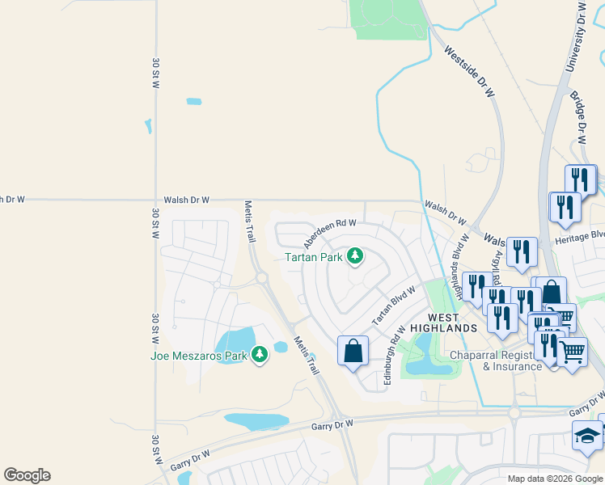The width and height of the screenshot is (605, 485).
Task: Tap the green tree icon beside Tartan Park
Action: tap(354, 257)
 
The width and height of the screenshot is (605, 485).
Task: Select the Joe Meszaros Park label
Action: tap(199, 356)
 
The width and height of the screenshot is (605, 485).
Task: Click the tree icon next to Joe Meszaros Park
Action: tap(259, 355)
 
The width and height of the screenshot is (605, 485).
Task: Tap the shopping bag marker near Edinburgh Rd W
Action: tap(353, 351)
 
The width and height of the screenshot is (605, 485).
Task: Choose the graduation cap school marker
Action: tap(586, 436)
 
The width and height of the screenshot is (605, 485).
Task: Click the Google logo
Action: tap(27, 475)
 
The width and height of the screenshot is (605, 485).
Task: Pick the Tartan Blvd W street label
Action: tap(393, 306)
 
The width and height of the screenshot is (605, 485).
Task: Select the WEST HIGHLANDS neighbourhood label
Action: tap(442, 323)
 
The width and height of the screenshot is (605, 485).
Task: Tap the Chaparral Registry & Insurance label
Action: tap(494, 361)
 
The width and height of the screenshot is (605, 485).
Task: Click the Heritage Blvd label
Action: tap(579, 240)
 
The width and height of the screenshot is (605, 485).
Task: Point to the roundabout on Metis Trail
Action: tap(262, 278)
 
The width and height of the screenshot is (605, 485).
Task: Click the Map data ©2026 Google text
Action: tap(555, 479)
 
